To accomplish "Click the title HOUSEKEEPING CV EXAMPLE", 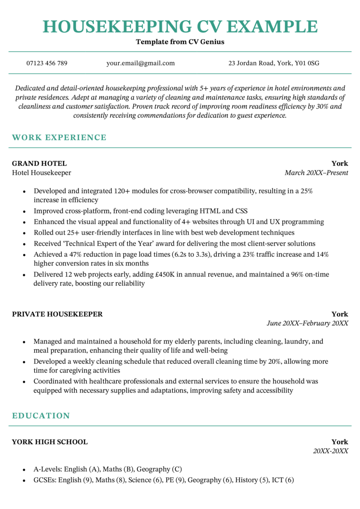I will click(x=180, y=27).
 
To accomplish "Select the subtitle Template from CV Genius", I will click(x=180, y=42).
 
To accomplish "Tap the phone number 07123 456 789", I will click(x=47, y=63).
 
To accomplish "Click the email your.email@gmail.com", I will click(x=140, y=63).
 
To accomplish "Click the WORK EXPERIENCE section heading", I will click(x=59, y=138).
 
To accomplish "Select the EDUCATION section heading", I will click(x=41, y=416).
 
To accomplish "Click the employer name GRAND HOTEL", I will click(x=39, y=163).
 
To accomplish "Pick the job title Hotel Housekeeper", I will click(x=42, y=173).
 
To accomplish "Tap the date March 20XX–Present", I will click(x=316, y=173).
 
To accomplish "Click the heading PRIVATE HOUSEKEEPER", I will click(x=57, y=314).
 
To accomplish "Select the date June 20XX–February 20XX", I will click(x=307, y=324).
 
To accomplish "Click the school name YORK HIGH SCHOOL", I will click(x=50, y=442).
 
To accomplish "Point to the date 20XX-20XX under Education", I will click(x=330, y=451).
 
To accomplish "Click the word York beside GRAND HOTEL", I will click(x=340, y=163).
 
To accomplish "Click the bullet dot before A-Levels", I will click(x=23, y=470).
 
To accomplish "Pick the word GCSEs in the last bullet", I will click(x=45, y=480).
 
